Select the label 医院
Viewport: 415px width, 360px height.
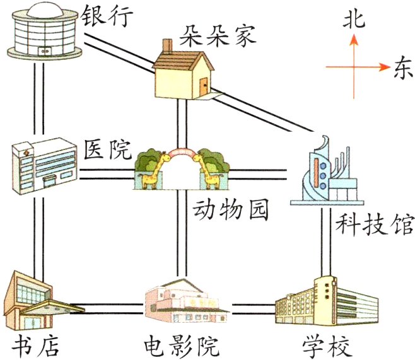[107, 150]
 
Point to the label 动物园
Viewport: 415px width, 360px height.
[230, 211]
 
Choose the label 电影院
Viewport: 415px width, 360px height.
[180, 346]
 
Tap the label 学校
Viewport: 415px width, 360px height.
[326, 346]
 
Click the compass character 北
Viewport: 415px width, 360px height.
[353, 20]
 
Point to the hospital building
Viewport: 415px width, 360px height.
[44, 163]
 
